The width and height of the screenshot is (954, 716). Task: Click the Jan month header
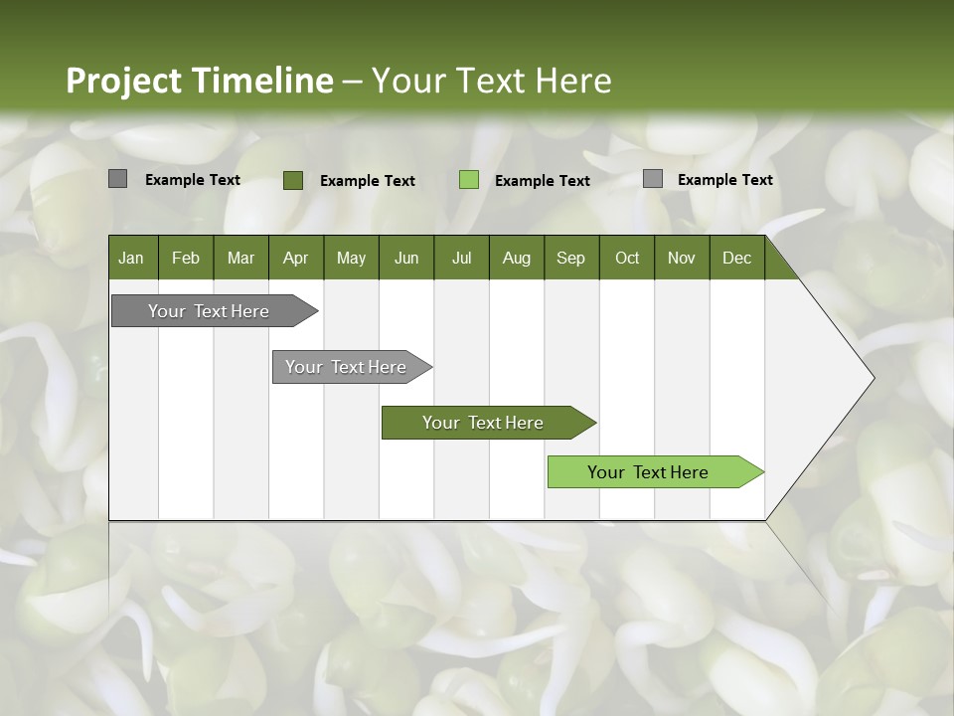click(132, 258)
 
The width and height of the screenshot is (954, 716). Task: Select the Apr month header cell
click(295, 258)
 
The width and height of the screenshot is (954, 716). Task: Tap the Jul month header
click(461, 258)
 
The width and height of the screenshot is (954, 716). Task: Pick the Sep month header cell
click(570, 258)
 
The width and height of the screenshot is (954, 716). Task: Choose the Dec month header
click(736, 258)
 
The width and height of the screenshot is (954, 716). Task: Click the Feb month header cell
click(186, 258)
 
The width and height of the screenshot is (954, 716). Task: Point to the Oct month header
click(626, 258)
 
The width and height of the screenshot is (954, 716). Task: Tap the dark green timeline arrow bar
click(484, 423)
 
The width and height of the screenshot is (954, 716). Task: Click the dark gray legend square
click(117, 179)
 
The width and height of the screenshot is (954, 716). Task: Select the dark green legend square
click(292, 180)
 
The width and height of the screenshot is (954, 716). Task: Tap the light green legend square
click(469, 180)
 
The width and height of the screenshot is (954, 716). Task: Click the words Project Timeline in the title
click(199, 81)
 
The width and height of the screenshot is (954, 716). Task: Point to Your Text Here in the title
click(491, 81)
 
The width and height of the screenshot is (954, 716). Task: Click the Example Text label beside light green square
click(542, 180)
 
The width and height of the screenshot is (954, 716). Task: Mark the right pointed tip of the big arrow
click(872, 378)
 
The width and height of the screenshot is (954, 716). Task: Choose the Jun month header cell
click(405, 258)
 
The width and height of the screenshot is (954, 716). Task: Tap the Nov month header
click(681, 258)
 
